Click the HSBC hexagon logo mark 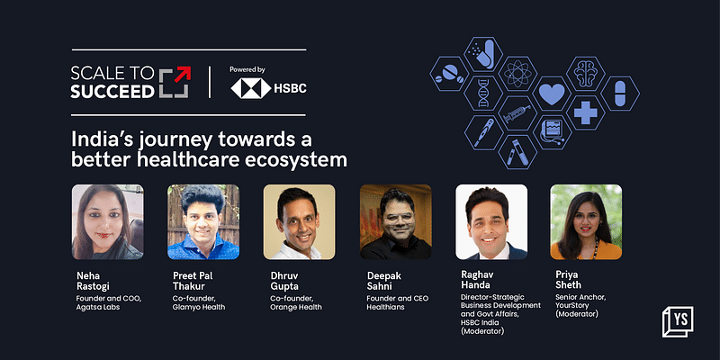click(x=248, y=88)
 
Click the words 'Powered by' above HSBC click(x=247, y=69)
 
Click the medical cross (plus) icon click(x=584, y=113)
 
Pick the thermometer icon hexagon click(x=481, y=135)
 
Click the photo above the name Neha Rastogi click(x=107, y=221)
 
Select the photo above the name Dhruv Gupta click(x=299, y=221)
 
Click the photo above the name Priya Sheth click(x=586, y=221)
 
